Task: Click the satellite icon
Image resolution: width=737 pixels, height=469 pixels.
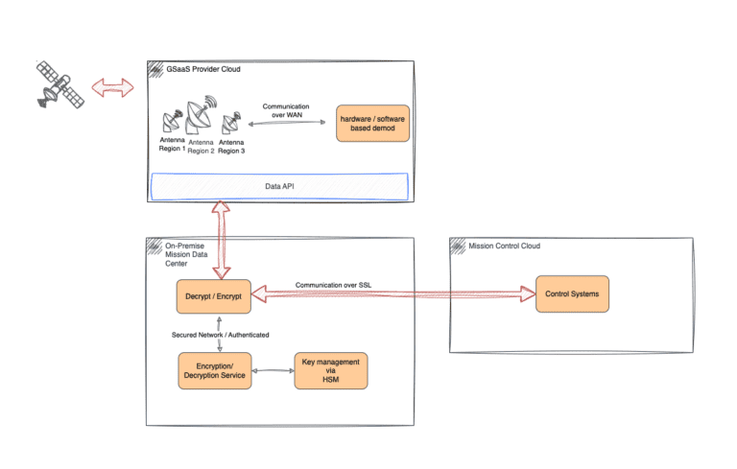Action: (x=59, y=85)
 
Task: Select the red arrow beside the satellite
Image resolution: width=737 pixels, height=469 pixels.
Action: (x=113, y=88)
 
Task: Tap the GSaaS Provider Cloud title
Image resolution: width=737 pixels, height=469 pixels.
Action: (x=203, y=69)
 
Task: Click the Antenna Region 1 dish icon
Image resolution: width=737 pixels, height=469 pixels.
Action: (x=172, y=122)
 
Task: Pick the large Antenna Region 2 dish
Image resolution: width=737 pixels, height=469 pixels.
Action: (x=201, y=115)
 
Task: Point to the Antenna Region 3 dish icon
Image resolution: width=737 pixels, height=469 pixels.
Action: (x=231, y=123)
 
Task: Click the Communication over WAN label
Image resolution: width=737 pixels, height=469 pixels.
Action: (x=286, y=110)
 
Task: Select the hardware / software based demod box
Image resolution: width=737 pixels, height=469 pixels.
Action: (x=372, y=123)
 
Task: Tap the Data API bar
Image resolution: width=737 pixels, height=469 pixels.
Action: (x=279, y=187)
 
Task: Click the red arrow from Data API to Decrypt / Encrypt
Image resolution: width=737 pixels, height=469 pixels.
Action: (x=221, y=240)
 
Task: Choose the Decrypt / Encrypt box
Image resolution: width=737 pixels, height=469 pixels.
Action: (x=213, y=296)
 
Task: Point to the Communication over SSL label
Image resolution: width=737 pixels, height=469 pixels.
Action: (x=333, y=285)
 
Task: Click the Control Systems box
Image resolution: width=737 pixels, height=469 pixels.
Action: (x=572, y=294)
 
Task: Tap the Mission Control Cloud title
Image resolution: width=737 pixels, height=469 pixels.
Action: (x=504, y=246)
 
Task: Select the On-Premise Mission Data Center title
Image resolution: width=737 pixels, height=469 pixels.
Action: (x=186, y=254)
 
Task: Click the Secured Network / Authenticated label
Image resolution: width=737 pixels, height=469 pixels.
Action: (x=220, y=335)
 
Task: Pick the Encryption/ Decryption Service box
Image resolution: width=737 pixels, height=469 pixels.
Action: (x=215, y=371)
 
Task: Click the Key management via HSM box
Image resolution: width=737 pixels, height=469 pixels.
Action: (x=331, y=371)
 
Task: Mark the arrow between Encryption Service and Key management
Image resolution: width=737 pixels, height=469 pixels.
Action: (x=273, y=371)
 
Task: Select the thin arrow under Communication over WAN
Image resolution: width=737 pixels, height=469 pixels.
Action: (x=287, y=123)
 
